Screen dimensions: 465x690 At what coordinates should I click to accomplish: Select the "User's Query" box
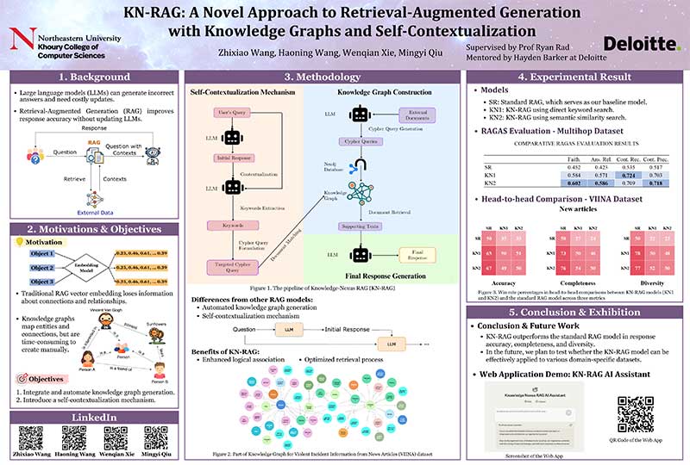230,115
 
